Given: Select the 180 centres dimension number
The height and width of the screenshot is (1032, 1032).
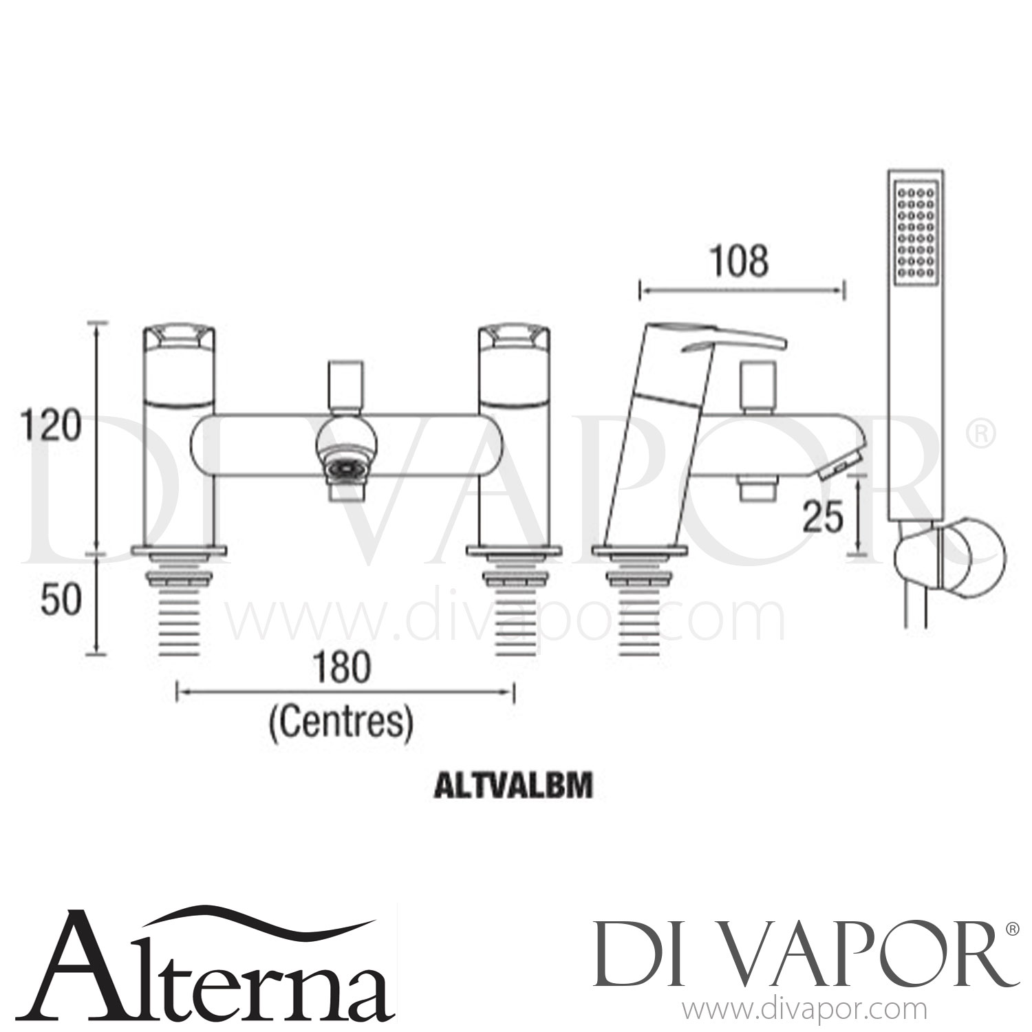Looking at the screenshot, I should [342, 667].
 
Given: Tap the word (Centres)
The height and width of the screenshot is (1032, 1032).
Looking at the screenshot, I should [342, 722].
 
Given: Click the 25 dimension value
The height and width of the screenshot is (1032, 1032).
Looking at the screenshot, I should [824, 517].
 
